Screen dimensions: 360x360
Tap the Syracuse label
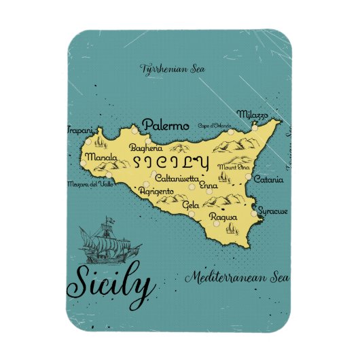coord(273,211)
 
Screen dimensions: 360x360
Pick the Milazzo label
coord(252,114)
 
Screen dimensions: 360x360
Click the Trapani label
coord(79,129)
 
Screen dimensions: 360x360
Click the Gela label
coord(191,204)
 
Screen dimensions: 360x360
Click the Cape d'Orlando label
coord(212,126)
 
